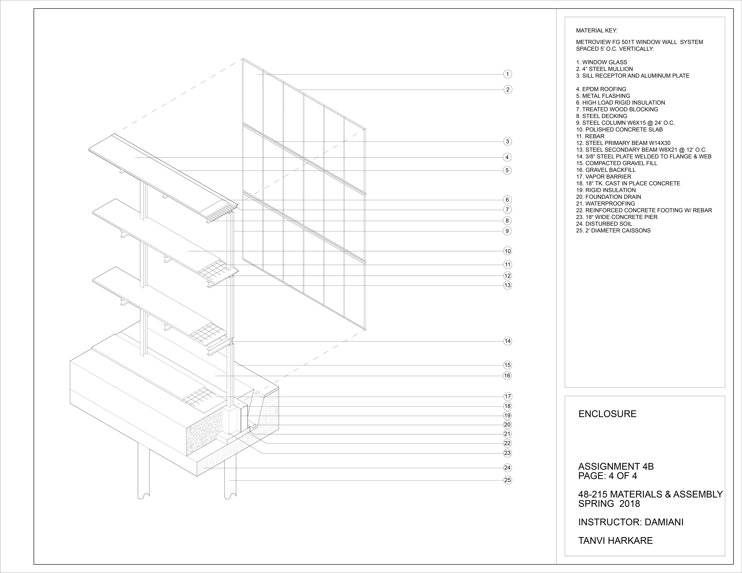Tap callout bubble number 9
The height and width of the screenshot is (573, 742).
pos(507,231)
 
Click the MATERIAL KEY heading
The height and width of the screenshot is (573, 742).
pos(596,31)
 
